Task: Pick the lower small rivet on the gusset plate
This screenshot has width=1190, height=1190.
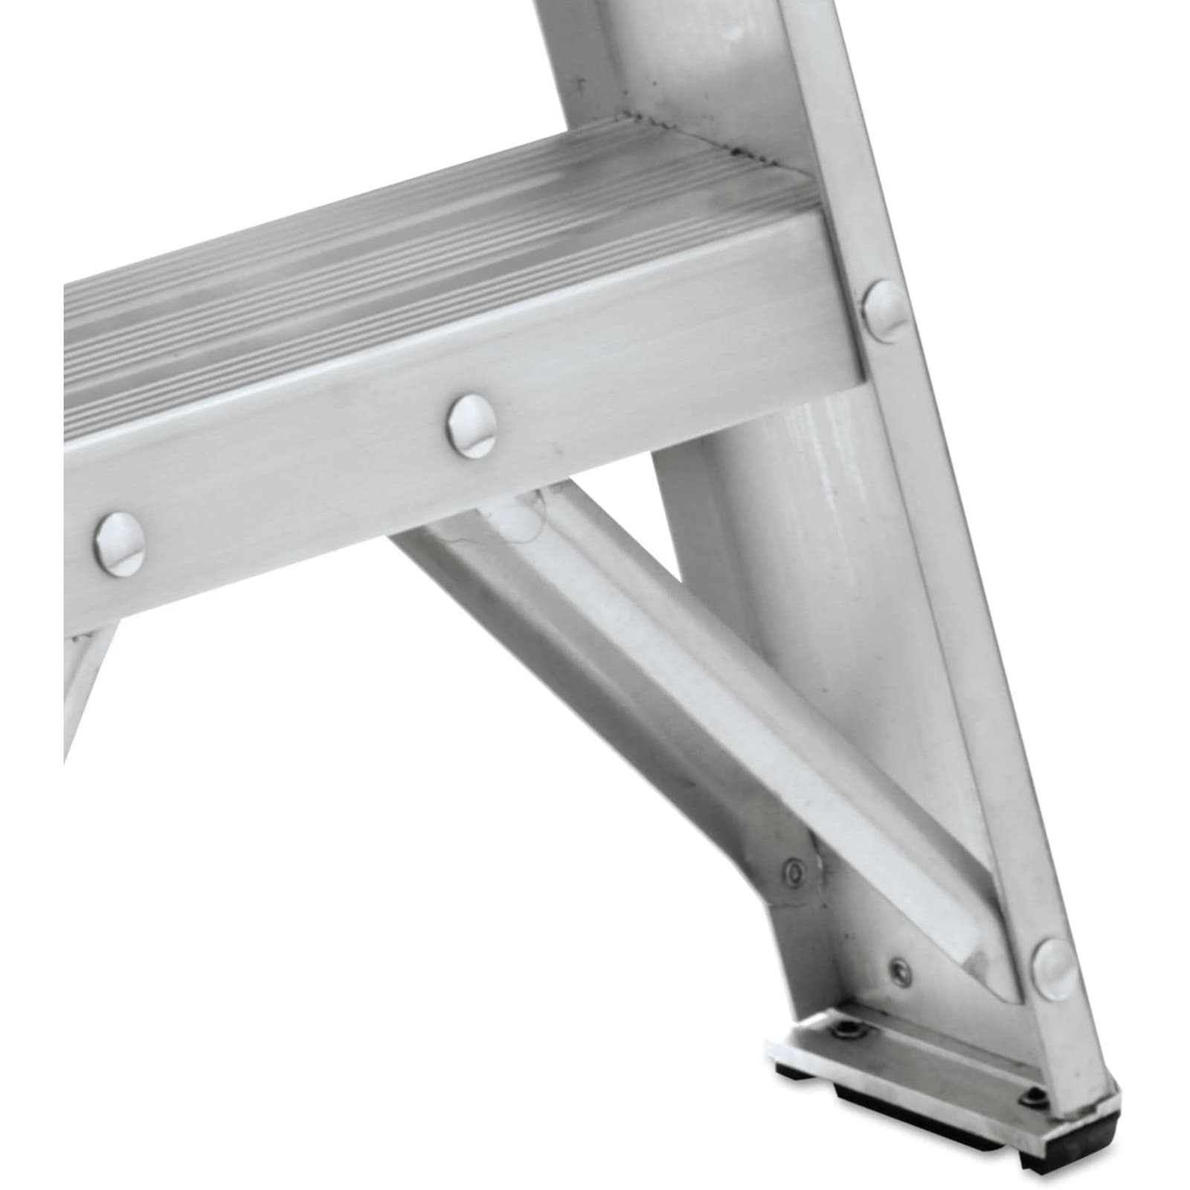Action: [x=901, y=968]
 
